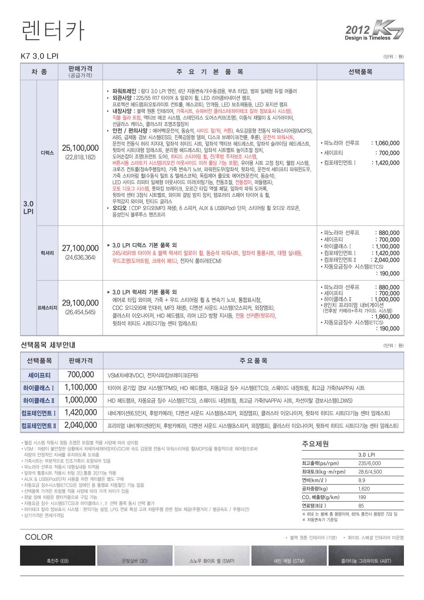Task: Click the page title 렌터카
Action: (52, 30)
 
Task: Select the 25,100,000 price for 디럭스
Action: (80, 148)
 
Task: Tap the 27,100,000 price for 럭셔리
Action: (80, 248)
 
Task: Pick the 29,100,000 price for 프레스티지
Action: (80, 303)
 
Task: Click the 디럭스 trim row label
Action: (47, 153)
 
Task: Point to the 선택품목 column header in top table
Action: (360, 72)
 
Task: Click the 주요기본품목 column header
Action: (210, 72)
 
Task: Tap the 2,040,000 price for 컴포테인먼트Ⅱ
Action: (81, 425)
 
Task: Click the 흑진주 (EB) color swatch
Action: (58, 556)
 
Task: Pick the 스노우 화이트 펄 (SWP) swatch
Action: (212, 556)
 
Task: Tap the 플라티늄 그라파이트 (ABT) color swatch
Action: (366, 556)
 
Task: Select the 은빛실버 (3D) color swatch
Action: (135, 556)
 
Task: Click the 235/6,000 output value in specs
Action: (370, 463)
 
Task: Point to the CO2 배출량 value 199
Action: (362, 497)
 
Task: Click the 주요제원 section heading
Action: (316, 444)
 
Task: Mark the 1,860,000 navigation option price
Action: (387, 317)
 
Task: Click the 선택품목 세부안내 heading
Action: (48, 345)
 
